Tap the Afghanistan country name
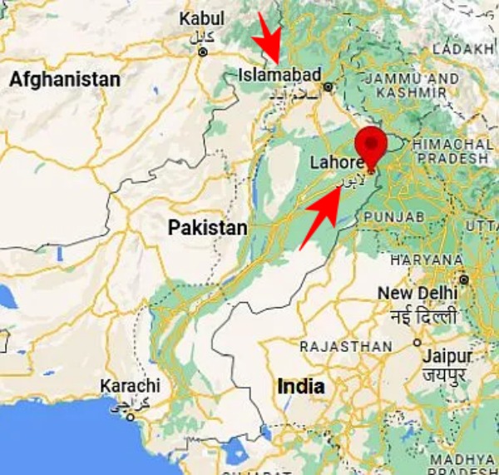click(x=65, y=80)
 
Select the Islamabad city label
click(x=279, y=75)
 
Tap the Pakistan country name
click(x=207, y=228)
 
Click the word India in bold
click(x=301, y=387)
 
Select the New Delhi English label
click(x=417, y=294)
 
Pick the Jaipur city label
click(x=446, y=355)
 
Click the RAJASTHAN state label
click(x=345, y=346)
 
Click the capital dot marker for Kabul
click(x=202, y=52)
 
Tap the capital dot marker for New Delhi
click(x=463, y=280)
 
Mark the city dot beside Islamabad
click(x=329, y=87)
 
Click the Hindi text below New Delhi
click(x=422, y=317)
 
